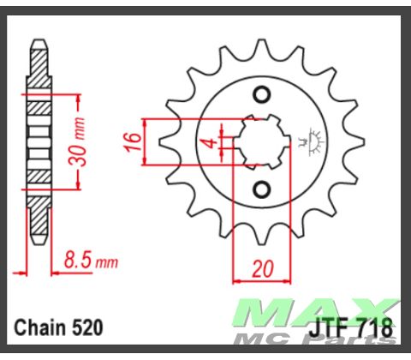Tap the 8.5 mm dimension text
90,260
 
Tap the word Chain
39,328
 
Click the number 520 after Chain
88,328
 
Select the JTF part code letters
324,328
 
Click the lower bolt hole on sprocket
263,189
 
